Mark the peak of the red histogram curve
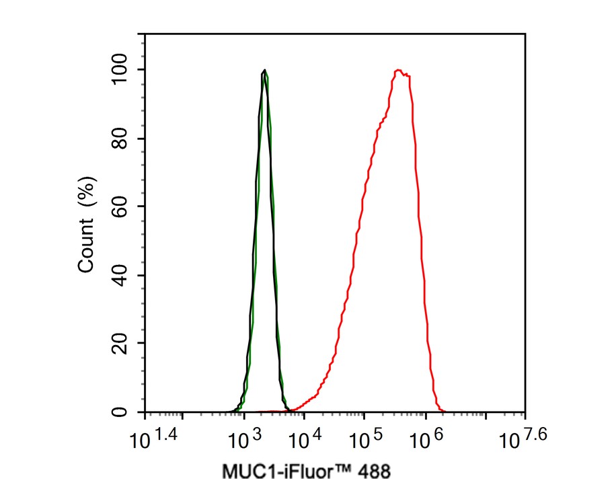click(x=399, y=70)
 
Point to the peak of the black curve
click(x=265, y=70)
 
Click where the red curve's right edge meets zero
click(x=442, y=411)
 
